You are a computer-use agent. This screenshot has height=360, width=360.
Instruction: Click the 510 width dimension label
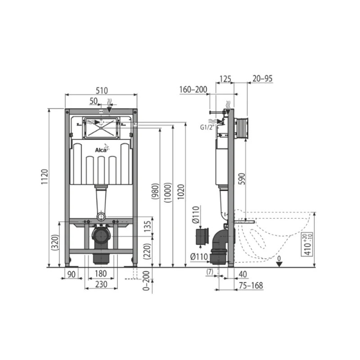click(x=102, y=90)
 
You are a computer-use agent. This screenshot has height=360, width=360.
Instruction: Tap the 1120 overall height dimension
click(x=45, y=176)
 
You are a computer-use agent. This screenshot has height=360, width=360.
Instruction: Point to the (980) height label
click(x=155, y=191)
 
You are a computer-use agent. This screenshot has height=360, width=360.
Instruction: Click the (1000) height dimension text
click(x=167, y=193)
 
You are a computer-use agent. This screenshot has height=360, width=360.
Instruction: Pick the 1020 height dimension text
click(x=181, y=192)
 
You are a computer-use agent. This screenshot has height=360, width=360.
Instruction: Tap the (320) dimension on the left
click(x=55, y=242)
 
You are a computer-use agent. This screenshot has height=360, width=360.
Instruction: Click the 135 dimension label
click(x=148, y=227)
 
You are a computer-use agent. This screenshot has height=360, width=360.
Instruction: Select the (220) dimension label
click(x=147, y=251)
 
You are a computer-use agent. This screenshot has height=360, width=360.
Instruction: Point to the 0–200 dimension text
click(x=146, y=281)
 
